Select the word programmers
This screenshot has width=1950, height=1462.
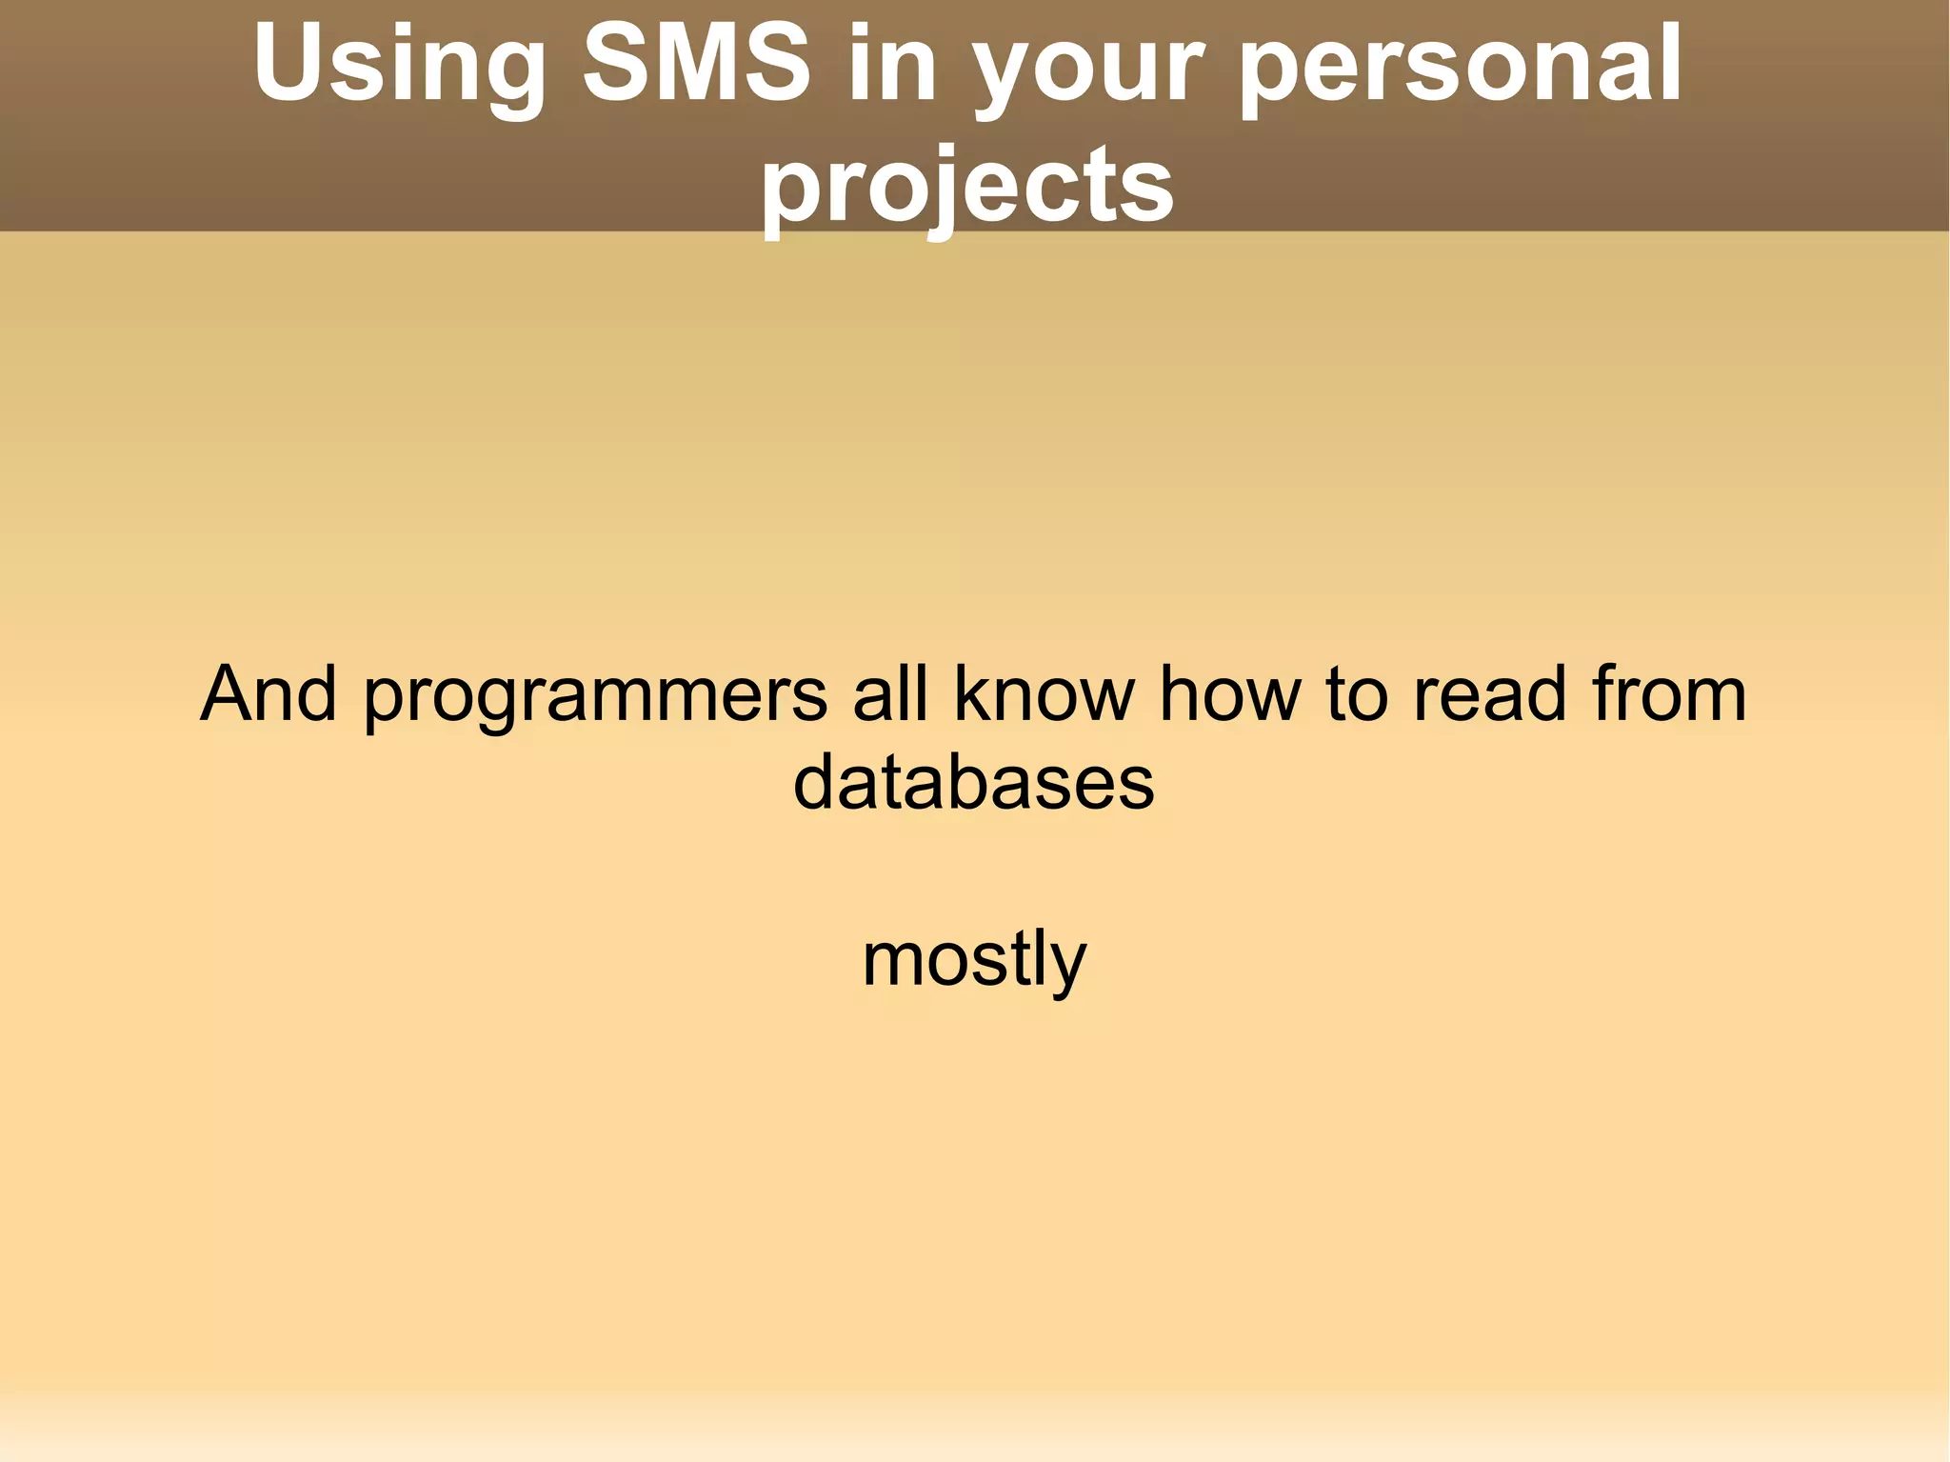pyautogui.click(x=596, y=697)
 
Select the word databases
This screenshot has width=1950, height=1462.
pyautogui.click(x=973, y=783)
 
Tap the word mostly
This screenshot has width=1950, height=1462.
pyautogui.click(x=973, y=960)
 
